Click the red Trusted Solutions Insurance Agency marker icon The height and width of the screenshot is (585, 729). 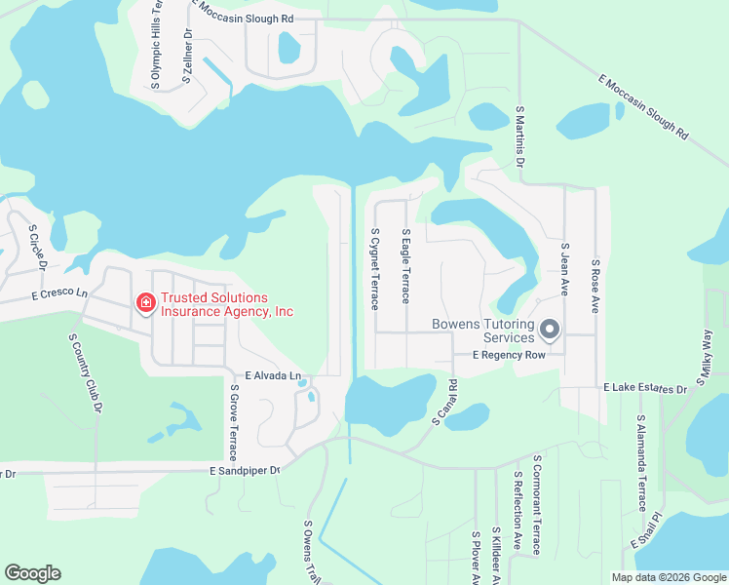(145, 304)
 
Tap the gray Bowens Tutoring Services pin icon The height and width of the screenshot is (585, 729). (549, 330)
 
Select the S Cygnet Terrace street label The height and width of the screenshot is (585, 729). (374, 269)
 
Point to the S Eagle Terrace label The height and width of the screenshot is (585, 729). (406, 267)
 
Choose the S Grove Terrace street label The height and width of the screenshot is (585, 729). (234, 422)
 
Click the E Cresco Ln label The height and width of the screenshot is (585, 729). (59, 293)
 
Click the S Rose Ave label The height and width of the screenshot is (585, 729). (595, 285)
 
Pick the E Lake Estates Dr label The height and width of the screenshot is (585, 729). (645, 388)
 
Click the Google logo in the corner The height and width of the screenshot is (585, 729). (32, 573)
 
